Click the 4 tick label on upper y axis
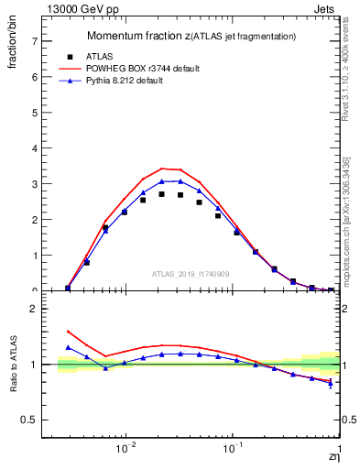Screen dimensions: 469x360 point(35,148)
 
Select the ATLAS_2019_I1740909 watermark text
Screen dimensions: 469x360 point(190,274)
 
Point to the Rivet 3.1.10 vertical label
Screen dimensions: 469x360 point(348,69)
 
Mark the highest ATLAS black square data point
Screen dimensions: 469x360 point(161,193)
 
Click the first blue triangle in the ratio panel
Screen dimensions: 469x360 point(68,347)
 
